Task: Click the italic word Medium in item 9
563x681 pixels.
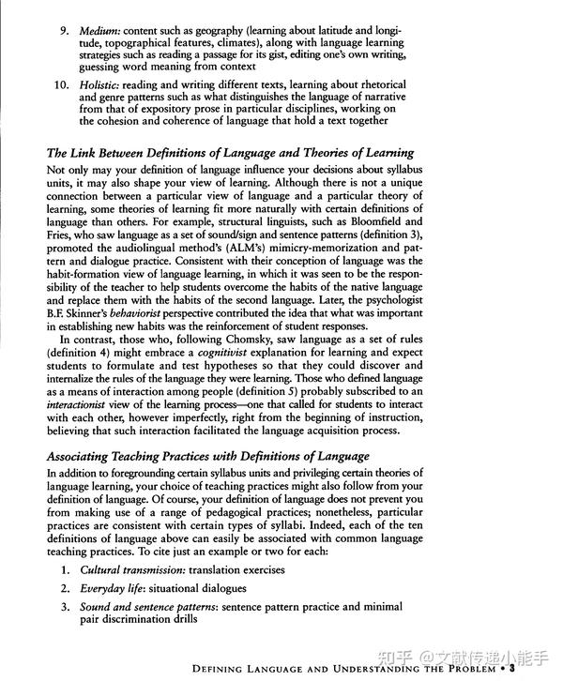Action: [x=102, y=31]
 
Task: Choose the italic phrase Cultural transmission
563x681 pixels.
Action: [x=130, y=569]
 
